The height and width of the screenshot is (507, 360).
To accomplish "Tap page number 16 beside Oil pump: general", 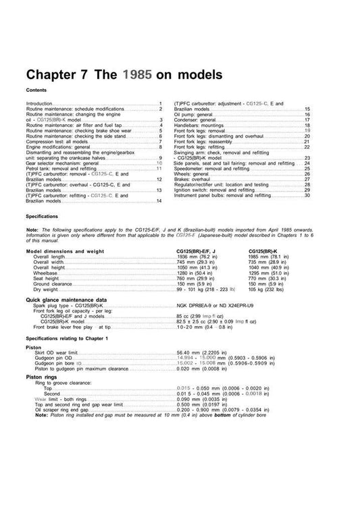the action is (x=307, y=115).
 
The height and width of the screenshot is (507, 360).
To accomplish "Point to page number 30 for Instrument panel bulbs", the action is (x=307, y=196).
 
